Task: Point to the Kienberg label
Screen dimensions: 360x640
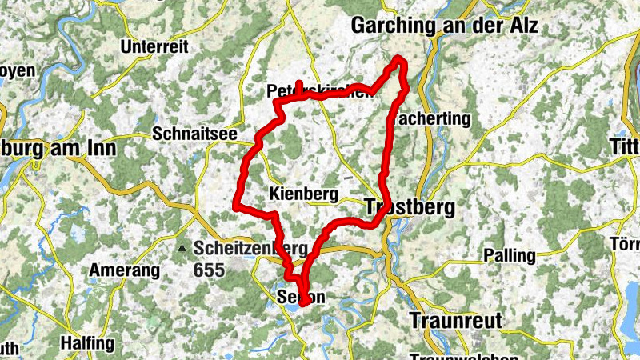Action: [304, 194]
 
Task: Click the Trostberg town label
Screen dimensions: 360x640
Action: [410, 208]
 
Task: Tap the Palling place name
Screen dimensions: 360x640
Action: [510, 256]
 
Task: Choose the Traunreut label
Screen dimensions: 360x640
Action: [455, 321]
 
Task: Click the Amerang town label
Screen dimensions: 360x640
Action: [124, 270]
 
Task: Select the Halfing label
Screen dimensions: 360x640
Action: [87, 343]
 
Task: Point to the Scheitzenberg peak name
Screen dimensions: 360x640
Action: [250, 249]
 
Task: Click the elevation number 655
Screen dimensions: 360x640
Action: [210, 270]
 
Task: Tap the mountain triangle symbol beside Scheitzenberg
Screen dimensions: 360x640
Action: [183, 249]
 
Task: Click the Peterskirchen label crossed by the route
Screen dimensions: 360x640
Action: [320, 90]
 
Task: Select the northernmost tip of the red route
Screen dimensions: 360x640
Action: [400, 58]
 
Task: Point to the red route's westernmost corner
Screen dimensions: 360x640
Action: [235, 206]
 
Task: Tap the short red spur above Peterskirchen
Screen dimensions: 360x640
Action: [298, 86]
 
